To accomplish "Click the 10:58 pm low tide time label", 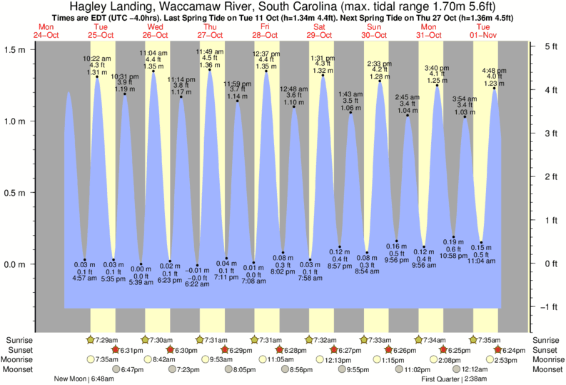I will point(453,256).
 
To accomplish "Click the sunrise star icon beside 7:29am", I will point(91,340).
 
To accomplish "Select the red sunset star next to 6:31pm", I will point(116,350).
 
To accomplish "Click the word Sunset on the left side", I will point(20,350).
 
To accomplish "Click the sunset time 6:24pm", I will point(517,350).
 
